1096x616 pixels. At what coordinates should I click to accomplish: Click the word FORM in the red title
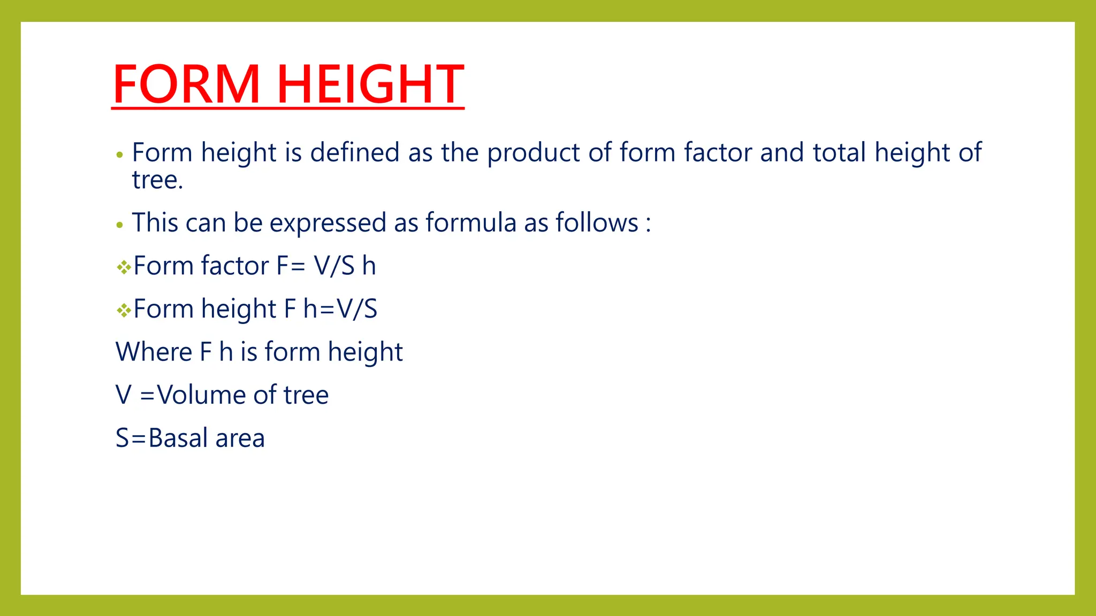(x=187, y=84)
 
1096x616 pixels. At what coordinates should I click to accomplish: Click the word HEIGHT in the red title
(x=370, y=84)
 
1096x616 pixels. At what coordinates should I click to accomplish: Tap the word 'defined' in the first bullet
(x=355, y=152)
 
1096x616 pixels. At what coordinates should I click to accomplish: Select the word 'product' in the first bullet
(x=534, y=152)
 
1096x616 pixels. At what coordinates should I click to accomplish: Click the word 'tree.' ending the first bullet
(x=157, y=180)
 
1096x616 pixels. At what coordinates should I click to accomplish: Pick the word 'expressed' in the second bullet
(x=328, y=223)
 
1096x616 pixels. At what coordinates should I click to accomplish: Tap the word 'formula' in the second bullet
(x=471, y=223)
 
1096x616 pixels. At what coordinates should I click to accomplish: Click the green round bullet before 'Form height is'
(x=120, y=156)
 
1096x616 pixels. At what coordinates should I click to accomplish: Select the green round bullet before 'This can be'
(x=120, y=226)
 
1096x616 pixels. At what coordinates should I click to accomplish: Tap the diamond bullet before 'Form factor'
(x=124, y=267)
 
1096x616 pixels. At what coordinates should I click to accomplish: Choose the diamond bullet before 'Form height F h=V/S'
(x=124, y=310)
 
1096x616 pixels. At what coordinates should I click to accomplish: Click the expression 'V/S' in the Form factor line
(x=334, y=266)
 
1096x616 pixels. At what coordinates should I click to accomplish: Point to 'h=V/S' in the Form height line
(x=340, y=309)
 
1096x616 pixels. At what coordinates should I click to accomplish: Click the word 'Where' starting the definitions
(x=154, y=352)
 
